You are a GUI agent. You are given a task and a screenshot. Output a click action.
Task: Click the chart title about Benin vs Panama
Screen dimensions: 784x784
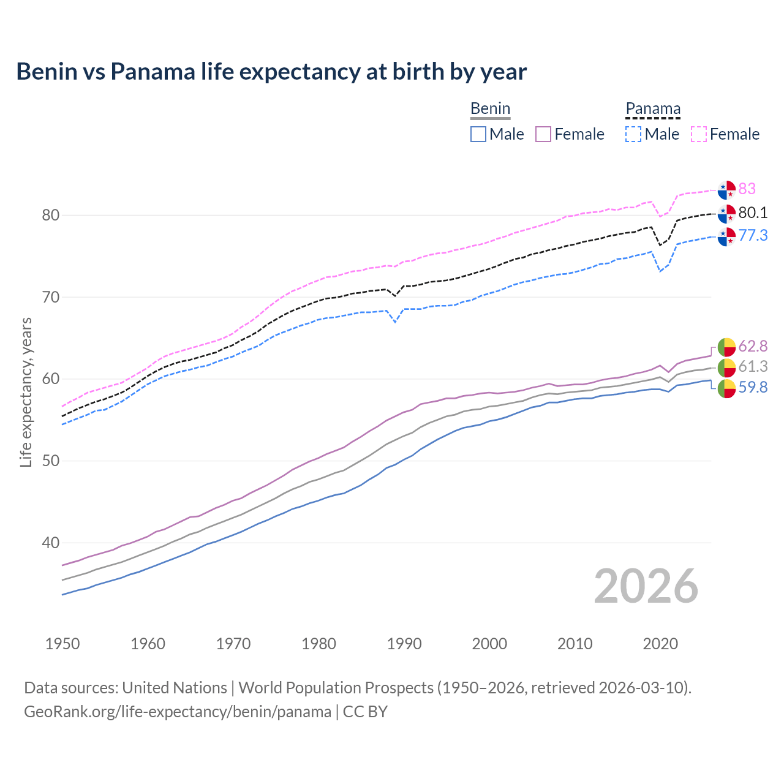pos(271,72)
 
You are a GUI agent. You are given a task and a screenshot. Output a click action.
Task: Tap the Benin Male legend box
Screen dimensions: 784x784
pos(478,134)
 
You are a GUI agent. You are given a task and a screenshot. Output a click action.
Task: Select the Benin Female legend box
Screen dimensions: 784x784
pos(543,134)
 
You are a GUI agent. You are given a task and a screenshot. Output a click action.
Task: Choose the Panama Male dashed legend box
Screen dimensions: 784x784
pos(633,134)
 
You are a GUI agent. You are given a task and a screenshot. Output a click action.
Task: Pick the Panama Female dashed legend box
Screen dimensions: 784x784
pos(699,134)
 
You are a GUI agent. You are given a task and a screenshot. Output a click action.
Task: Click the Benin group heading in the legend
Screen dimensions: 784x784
pos(490,109)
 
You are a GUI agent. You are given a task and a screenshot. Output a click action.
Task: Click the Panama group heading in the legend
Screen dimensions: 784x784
pos(653,109)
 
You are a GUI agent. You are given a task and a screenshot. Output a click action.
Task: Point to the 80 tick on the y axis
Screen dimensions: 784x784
pos(51,215)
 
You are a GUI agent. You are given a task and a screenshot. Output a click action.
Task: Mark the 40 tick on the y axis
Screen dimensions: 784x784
pos(51,543)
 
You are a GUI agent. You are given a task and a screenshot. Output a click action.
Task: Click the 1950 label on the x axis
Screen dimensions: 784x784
pos(62,644)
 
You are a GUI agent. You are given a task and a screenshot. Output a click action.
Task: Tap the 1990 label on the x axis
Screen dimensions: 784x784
pos(404,644)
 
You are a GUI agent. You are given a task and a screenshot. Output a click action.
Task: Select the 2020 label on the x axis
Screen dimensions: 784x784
pos(660,644)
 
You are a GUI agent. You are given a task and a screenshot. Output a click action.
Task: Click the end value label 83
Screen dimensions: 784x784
pos(747,189)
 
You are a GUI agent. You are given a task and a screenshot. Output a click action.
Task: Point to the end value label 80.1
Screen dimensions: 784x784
pos(753,213)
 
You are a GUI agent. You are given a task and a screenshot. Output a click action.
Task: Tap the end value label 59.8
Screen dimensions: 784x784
pos(753,387)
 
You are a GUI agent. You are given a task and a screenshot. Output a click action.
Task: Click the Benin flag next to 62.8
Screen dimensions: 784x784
pos(726,347)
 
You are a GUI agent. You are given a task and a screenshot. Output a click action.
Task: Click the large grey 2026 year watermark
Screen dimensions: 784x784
pos(646,586)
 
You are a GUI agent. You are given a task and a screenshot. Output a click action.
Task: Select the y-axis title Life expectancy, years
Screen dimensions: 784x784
pos(26,392)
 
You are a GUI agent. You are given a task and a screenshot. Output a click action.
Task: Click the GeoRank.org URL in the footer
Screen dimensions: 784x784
pos(178,712)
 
